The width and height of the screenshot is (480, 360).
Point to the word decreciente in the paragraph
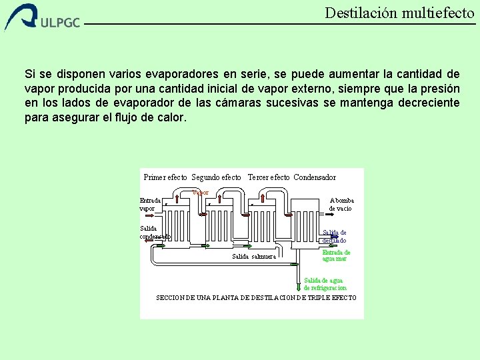coord(427,103)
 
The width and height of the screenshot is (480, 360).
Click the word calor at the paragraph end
coord(171,117)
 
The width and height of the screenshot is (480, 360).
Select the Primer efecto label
coord(165,177)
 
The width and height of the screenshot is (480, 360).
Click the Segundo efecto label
coord(216,177)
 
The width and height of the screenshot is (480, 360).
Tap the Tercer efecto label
coord(268,177)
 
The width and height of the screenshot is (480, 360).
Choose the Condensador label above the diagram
coord(315,177)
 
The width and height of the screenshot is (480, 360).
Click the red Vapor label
coord(200,193)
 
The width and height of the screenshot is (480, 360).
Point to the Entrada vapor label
coord(150,204)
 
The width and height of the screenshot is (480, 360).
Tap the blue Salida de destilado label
coord(334,236)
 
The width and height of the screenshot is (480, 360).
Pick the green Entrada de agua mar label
coord(336,255)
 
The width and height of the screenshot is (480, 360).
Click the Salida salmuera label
coord(254,257)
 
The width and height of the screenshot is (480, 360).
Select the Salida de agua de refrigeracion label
coord(325,284)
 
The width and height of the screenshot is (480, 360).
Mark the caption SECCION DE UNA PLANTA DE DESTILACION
coord(256,297)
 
